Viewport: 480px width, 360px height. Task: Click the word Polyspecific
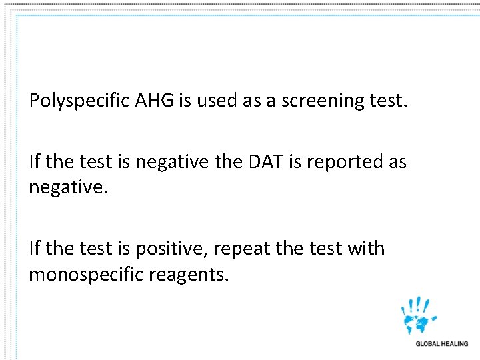(x=79, y=101)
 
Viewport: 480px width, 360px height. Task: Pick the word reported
(x=346, y=162)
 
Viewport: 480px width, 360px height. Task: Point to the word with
(x=366, y=248)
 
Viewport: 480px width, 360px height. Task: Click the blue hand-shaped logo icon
(x=419, y=316)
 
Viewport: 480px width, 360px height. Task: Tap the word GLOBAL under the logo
(x=428, y=344)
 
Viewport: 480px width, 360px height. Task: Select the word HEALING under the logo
(x=455, y=344)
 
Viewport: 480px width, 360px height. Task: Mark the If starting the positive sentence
(x=35, y=248)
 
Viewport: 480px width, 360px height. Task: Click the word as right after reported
(x=396, y=162)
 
